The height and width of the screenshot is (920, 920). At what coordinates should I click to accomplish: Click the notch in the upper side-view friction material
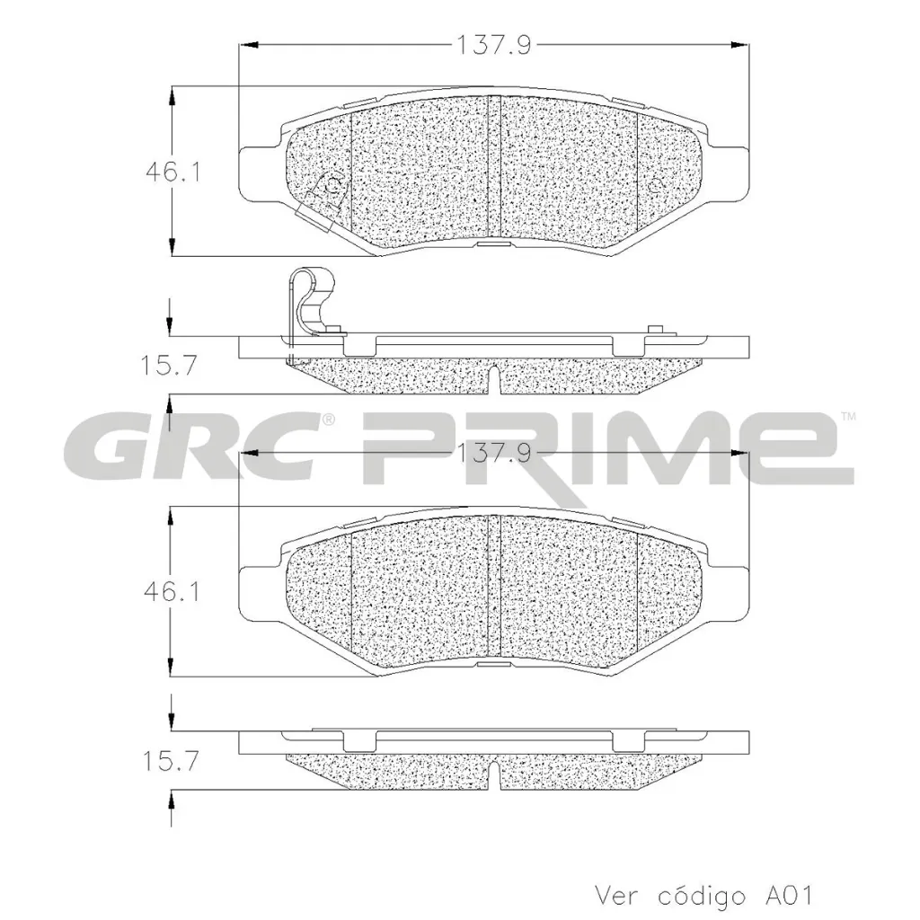coord(495,378)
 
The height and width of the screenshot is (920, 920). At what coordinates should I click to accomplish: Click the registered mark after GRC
coord(329,419)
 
